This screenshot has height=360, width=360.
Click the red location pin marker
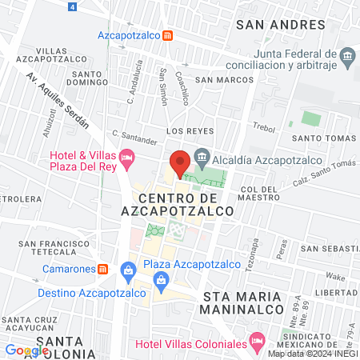(180, 162)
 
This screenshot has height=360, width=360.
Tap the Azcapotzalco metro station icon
(167, 35)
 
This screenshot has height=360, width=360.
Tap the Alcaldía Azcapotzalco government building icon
(202, 155)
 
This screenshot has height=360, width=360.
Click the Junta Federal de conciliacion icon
(347, 55)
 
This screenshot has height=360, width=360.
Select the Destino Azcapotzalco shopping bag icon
(127, 270)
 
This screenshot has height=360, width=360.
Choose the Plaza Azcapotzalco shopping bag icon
(162, 280)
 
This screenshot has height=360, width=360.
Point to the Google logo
(26, 350)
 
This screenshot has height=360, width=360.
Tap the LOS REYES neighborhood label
(186, 130)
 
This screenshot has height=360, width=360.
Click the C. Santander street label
(135, 138)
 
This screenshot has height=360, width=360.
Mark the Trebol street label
(263, 128)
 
